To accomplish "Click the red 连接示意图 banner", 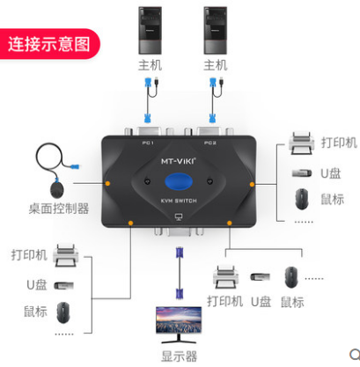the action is click(49, 44).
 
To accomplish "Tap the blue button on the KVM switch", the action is click(179, 181).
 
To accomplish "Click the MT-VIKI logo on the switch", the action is click(179, 161).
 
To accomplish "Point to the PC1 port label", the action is click(148, 143).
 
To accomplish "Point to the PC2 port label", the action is click(210, 143).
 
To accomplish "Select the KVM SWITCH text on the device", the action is click(179, 201).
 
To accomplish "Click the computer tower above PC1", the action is click(150, 31).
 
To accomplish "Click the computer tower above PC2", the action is click(216, 31).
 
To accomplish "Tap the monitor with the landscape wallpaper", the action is click(179, 325).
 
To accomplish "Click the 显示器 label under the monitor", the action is click(179, 356).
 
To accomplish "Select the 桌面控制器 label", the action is click(59, 209).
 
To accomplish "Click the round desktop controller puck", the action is click(57, 189).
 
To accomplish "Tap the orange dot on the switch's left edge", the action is click(107, 183).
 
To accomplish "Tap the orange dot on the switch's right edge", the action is click(252, 184).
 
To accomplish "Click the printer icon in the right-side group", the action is click(302, 143).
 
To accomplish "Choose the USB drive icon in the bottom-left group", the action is click(64, 285).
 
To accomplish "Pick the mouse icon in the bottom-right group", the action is click(291, 277).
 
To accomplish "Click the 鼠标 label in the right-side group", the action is click(332, 200).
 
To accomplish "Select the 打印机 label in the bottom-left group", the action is click(29, 255).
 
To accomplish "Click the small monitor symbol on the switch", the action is click(179, 217).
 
